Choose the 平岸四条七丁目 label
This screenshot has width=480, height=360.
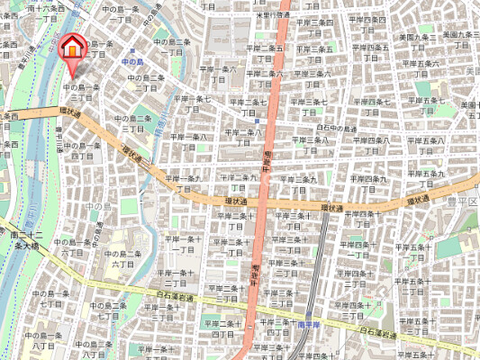(370, 107)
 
